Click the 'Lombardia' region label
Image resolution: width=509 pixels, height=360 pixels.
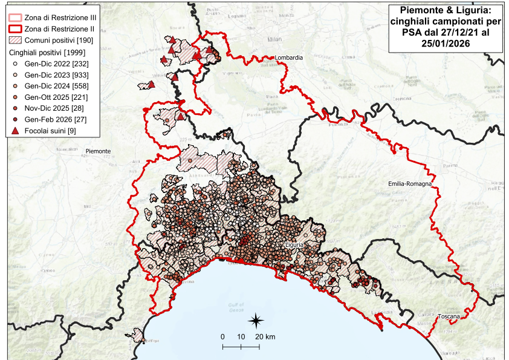pyautogui.click(x=288, y=58)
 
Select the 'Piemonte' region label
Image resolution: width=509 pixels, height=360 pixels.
pyautogui.click(x=98, y=151)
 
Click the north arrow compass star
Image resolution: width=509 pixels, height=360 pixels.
pyautogui.click(x=256, y=319)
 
